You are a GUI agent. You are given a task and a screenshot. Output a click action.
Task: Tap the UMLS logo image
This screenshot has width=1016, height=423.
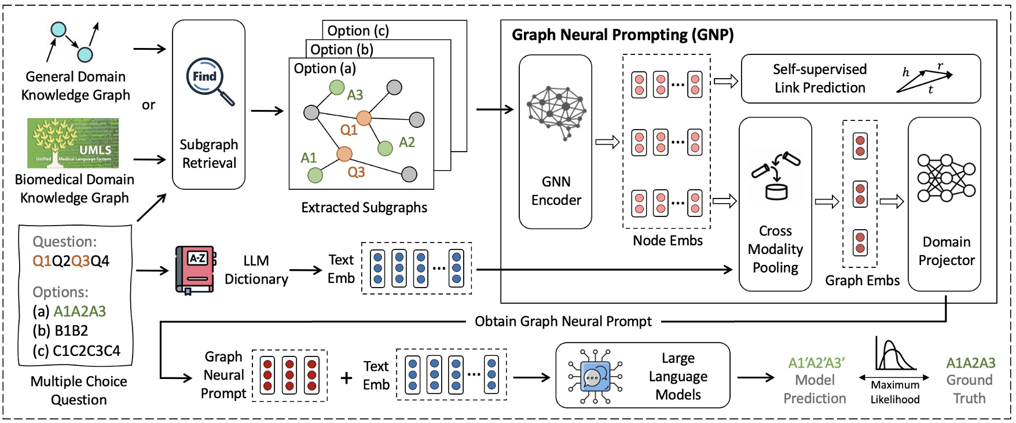coord(73,143)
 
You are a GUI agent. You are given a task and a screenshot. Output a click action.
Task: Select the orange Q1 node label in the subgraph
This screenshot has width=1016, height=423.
coord(349,130)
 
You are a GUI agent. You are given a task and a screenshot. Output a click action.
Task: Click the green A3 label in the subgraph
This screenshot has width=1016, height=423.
coord(355,95)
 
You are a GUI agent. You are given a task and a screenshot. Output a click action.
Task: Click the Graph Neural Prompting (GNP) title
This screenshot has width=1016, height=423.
coord(622,35)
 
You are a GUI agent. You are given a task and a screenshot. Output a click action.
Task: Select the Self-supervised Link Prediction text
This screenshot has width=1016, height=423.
coord(820,79)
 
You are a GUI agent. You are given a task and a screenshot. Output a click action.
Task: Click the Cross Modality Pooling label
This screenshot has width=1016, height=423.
coord(775,249)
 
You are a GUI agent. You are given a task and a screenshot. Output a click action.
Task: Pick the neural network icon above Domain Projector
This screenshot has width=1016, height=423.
coord(946,178)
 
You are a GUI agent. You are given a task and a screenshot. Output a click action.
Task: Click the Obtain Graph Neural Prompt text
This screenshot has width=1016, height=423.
coord(563,322)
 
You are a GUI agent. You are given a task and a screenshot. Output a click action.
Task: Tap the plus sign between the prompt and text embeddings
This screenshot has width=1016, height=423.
coord(346,378)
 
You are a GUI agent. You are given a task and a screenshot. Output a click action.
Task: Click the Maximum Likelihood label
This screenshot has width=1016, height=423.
coord(895,392)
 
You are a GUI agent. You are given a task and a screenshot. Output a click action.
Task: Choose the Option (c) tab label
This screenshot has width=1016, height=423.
coord(358,31)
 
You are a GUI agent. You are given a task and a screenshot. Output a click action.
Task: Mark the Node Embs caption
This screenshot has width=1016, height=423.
coord(667,241)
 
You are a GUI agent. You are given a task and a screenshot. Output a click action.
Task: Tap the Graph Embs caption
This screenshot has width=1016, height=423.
coord(862,281)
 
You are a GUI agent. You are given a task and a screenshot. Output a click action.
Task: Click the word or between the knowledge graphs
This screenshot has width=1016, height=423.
coord(148,105)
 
